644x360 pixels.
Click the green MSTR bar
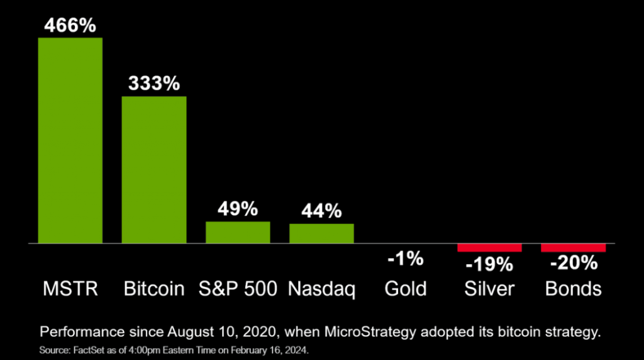pyautogui.click(x=70, y=140)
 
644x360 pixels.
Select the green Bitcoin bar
pyautogui.click(x=153, y=169)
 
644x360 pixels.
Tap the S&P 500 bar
pyautogui.click(x=238, y=232)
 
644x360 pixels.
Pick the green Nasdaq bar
pyautogui.click(x=321, y=233)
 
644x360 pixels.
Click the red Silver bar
pyautogui.click(x=489, y=247)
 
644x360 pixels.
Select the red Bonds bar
pyautogui.click(x=573, y=247)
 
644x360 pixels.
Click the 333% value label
pyautogui.click(x=154, y=84)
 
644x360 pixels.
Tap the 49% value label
pyautogui.click(x=238, y=209)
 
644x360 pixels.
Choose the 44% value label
pyautogui.click(x=321, y=211)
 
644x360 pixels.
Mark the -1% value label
pyautogui.click(x=406, y=259)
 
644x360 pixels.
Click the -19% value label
pyautogui.click(x=489, y=264)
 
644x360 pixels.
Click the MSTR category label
pyautogui.click(x=70, y=289)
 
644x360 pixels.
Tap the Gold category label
pyautogui.click(x=406, y=289)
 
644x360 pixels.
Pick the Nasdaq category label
pyautogui.click(x=321, y=289)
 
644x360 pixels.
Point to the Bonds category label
pyautogui.click(x=573, y=289)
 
